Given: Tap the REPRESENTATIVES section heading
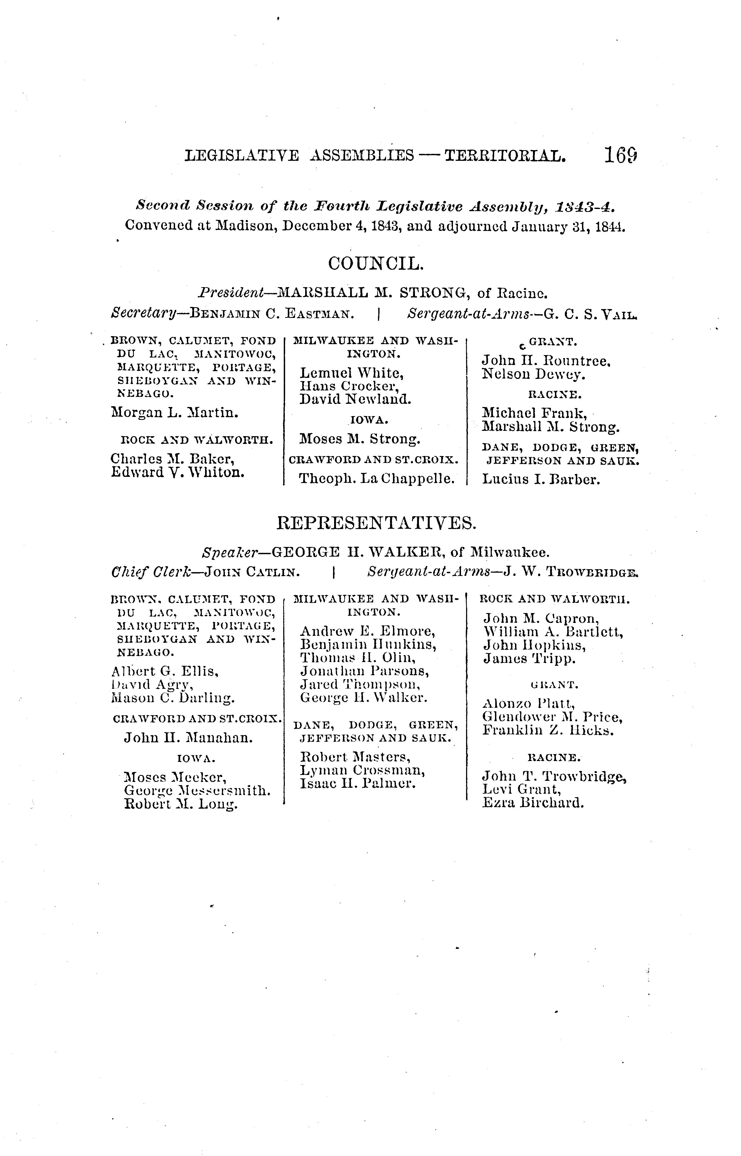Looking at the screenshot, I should coord(377,523).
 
